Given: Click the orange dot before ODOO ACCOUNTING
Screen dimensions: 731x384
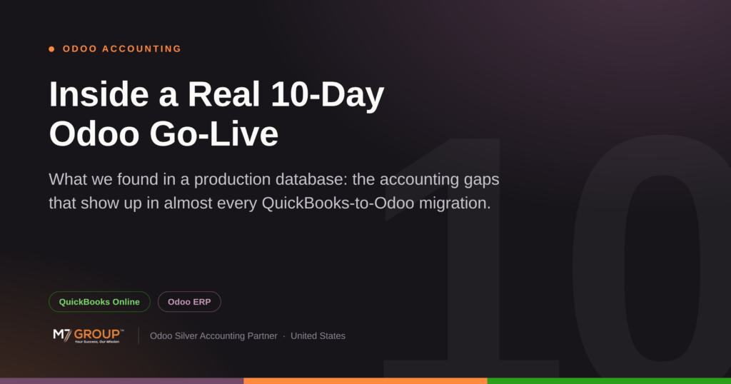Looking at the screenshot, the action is [51, 49].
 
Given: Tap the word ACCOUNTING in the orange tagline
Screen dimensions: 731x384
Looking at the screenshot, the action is [142, 49].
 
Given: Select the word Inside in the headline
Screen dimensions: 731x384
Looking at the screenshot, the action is [99, 95].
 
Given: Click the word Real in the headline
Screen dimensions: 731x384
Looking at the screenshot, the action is [223, 95].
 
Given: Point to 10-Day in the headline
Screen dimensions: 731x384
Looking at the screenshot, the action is [328, 96].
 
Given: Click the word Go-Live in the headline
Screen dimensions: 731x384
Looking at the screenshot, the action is [214, 134].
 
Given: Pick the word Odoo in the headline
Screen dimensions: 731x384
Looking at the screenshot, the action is [94, 134].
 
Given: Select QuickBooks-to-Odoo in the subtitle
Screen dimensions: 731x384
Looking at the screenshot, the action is [338, 203].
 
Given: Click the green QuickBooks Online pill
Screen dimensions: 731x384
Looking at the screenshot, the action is [99, 301].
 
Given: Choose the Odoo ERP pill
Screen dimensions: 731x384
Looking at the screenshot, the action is [189, 301].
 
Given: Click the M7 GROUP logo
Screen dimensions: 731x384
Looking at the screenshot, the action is [89, 335].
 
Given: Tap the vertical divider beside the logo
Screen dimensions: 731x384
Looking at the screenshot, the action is [138, 335].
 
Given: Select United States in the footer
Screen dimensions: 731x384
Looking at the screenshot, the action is [318, 336].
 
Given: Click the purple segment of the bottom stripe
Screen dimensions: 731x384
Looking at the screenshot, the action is [121, 380].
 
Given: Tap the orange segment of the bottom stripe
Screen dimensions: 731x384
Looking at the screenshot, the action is [365, 380].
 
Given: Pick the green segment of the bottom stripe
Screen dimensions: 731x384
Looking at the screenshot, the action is [609, 380].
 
